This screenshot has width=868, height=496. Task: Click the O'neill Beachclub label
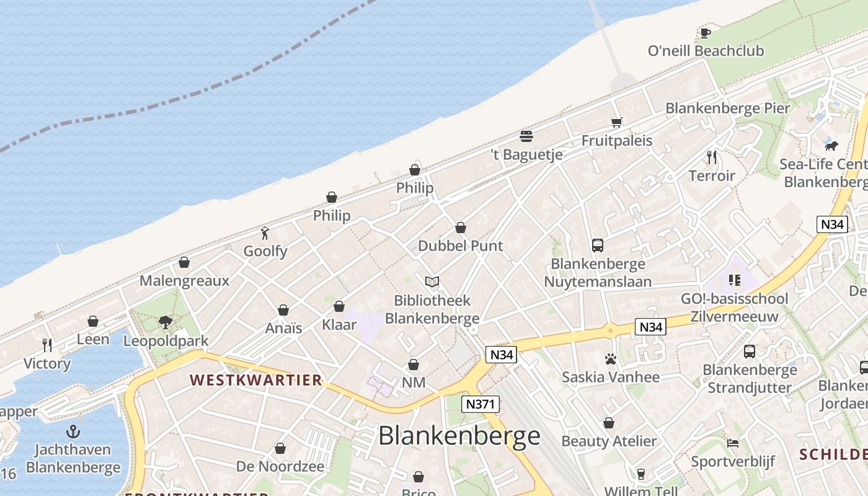pyautogui.click(x=706, y=51)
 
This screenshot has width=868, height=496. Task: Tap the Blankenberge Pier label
pyautogui.click(x=727, y=108)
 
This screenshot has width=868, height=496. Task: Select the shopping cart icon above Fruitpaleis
pyautogui.click(x=616, y=122)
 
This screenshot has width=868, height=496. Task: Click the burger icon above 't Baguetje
pyautogui.click(x=526, y=136)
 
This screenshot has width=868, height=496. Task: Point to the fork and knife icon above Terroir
pyautogui.click(x=712, y=157)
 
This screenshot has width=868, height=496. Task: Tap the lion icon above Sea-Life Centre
pyautogui.click(x=831, y=146)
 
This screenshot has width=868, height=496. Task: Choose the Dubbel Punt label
pyautogui.click(x=460, y=246)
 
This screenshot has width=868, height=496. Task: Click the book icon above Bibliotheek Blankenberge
pyautogui.click(x=432, y=282)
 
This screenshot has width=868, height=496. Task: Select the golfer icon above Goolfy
pyautogui.click(x=265, y=233)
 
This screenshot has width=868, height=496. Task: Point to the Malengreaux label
pyautogui.click(x=184, y=281)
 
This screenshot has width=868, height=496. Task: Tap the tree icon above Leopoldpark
pyautogui.click(x=166, y=322)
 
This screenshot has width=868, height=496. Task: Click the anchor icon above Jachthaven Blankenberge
pyautogui.click(x=73, y=431)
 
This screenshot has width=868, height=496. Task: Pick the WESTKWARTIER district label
pyautogui.click(x=255, y=380)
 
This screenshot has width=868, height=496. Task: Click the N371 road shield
pyautogui.click(x=480, y=404)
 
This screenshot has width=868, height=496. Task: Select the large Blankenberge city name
pyautogui.click(x=459, y=436)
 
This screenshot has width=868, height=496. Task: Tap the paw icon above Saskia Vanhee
pyautogui.click(x=610, y=358)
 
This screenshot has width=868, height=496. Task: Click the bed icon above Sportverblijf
pyautogui.click(x=733, y=443)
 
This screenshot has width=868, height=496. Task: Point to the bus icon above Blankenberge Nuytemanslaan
pyautogui.click(x=597, y=246)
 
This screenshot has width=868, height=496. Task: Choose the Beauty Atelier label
pyautogui.click(x=608, y=441)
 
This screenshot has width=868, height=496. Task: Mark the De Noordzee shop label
pyautogui.click(x=280, y=466)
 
